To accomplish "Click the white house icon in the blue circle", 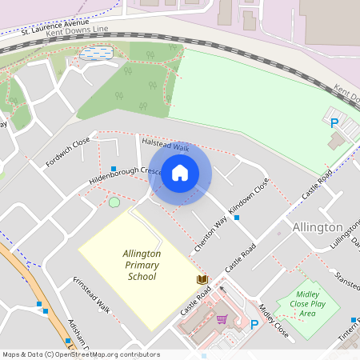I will pos(180,173).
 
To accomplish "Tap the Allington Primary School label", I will pos(142,265).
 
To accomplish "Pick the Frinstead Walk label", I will pos(90,295).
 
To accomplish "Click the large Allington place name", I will pos(318,227).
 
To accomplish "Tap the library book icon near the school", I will pos(202,279).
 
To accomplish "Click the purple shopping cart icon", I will pos(222,318).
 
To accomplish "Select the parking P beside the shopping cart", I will pos(254,324).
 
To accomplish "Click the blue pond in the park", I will pos(95,53).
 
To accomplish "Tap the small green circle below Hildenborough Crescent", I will pos(114,202).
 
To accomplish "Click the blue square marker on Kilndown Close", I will pos(237,217).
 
